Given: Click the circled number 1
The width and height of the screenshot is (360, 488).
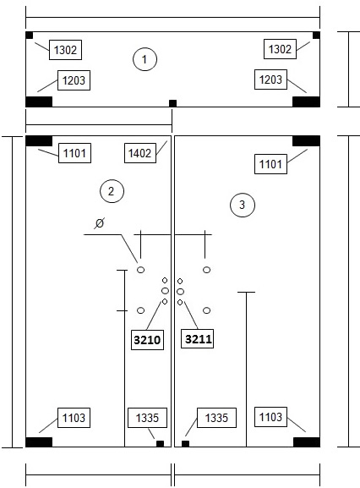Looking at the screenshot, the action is [145, 59].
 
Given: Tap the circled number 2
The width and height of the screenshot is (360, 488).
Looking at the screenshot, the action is [112, 191].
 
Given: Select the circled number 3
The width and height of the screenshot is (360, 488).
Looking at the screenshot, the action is [243, 206].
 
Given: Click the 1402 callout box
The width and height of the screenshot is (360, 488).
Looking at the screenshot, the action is [140, 153].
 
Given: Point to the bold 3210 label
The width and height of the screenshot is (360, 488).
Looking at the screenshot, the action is [147, 339].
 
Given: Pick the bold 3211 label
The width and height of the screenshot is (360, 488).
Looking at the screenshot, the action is [198, 338].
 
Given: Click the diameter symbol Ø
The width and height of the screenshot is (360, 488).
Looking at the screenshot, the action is [100, 223].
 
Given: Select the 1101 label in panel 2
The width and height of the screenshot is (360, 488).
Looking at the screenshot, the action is [74, 153].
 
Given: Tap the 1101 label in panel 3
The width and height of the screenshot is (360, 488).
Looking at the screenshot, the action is [270, 164].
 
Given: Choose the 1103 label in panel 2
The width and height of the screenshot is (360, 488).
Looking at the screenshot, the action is [74, 418].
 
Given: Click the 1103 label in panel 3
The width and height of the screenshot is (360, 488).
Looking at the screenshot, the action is [270, 417].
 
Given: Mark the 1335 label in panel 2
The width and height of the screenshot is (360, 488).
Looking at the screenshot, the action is [147, 418].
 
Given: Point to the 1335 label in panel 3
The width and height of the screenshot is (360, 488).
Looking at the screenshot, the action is [216, 418].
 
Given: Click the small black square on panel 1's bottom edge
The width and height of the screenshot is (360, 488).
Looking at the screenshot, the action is [172, 103].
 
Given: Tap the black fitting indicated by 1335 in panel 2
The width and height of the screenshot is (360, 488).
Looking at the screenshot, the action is [160, 443].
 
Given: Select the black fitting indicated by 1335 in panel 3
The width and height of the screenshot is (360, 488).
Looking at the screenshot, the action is [185, 443].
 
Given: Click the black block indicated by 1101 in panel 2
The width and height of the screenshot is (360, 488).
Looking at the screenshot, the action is [39, 140].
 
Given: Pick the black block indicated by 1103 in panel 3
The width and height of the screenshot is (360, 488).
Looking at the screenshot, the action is [307, 442].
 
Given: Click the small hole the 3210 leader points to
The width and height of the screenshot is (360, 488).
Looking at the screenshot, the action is [165, 302].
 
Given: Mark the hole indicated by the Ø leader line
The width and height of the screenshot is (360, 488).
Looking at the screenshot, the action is [140, 270].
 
